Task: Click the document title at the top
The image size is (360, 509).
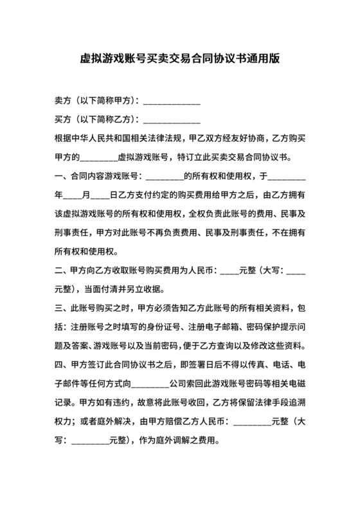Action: click(179, 58)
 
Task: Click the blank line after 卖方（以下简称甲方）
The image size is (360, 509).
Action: click(171, 102)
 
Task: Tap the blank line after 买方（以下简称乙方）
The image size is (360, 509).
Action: click(171, 120)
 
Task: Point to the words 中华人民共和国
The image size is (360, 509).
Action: click(100, 138)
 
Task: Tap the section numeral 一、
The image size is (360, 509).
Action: click(62, 175)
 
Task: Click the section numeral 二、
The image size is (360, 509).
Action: click(62, 271)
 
